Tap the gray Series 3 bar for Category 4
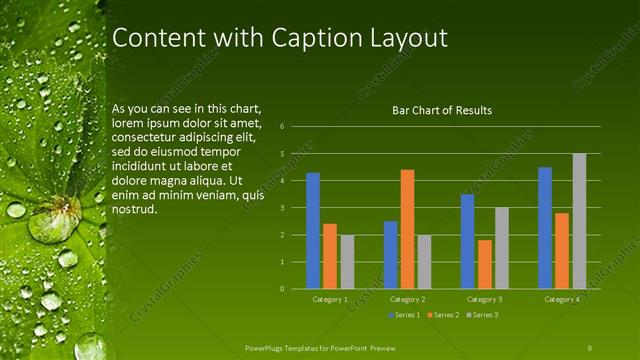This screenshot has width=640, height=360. tap(579, 221)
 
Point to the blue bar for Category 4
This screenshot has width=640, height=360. tap(545, 228)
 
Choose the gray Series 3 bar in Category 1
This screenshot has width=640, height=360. tap(347, 262)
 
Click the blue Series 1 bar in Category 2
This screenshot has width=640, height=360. tap(390, 255)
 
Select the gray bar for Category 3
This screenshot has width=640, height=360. tap(502, 248)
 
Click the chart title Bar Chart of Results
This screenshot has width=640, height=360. tap(441, 110)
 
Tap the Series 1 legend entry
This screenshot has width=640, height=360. tap(404, 315)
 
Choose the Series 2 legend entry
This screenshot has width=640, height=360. tap(444, 315)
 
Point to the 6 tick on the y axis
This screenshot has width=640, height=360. tap(283, 127)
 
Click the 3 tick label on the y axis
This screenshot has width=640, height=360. tap(283, 208)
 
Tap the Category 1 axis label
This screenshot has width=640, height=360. tap(330, 299)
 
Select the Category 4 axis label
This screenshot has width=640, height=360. tap(561, 299)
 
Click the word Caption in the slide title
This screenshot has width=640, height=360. tap(309, 39)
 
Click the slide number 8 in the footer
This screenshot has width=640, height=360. tap(590, 346)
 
